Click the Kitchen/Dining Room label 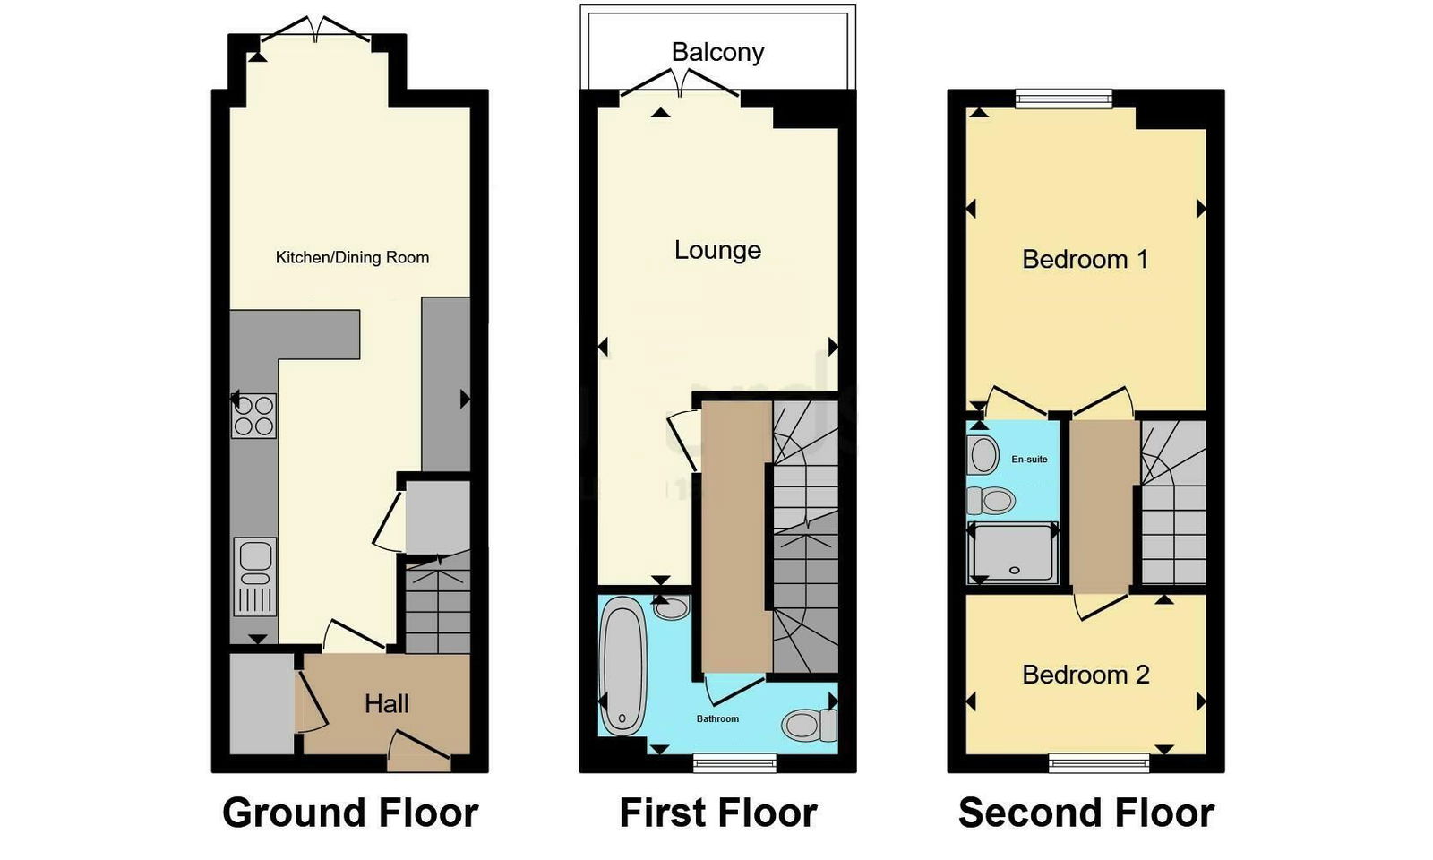352,257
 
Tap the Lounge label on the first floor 717,250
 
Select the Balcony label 717,52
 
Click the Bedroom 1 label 1085,260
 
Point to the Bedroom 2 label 1085,675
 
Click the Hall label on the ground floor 386,704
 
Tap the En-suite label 1029,460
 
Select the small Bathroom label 717,718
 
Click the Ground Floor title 350,813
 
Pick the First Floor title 718,813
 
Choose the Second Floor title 1085,813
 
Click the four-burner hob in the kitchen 253,416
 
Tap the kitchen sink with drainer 255,576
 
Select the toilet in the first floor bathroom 809,724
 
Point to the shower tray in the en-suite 1014,553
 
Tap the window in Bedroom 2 1099,762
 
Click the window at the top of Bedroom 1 1064,98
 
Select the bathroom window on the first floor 734,762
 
